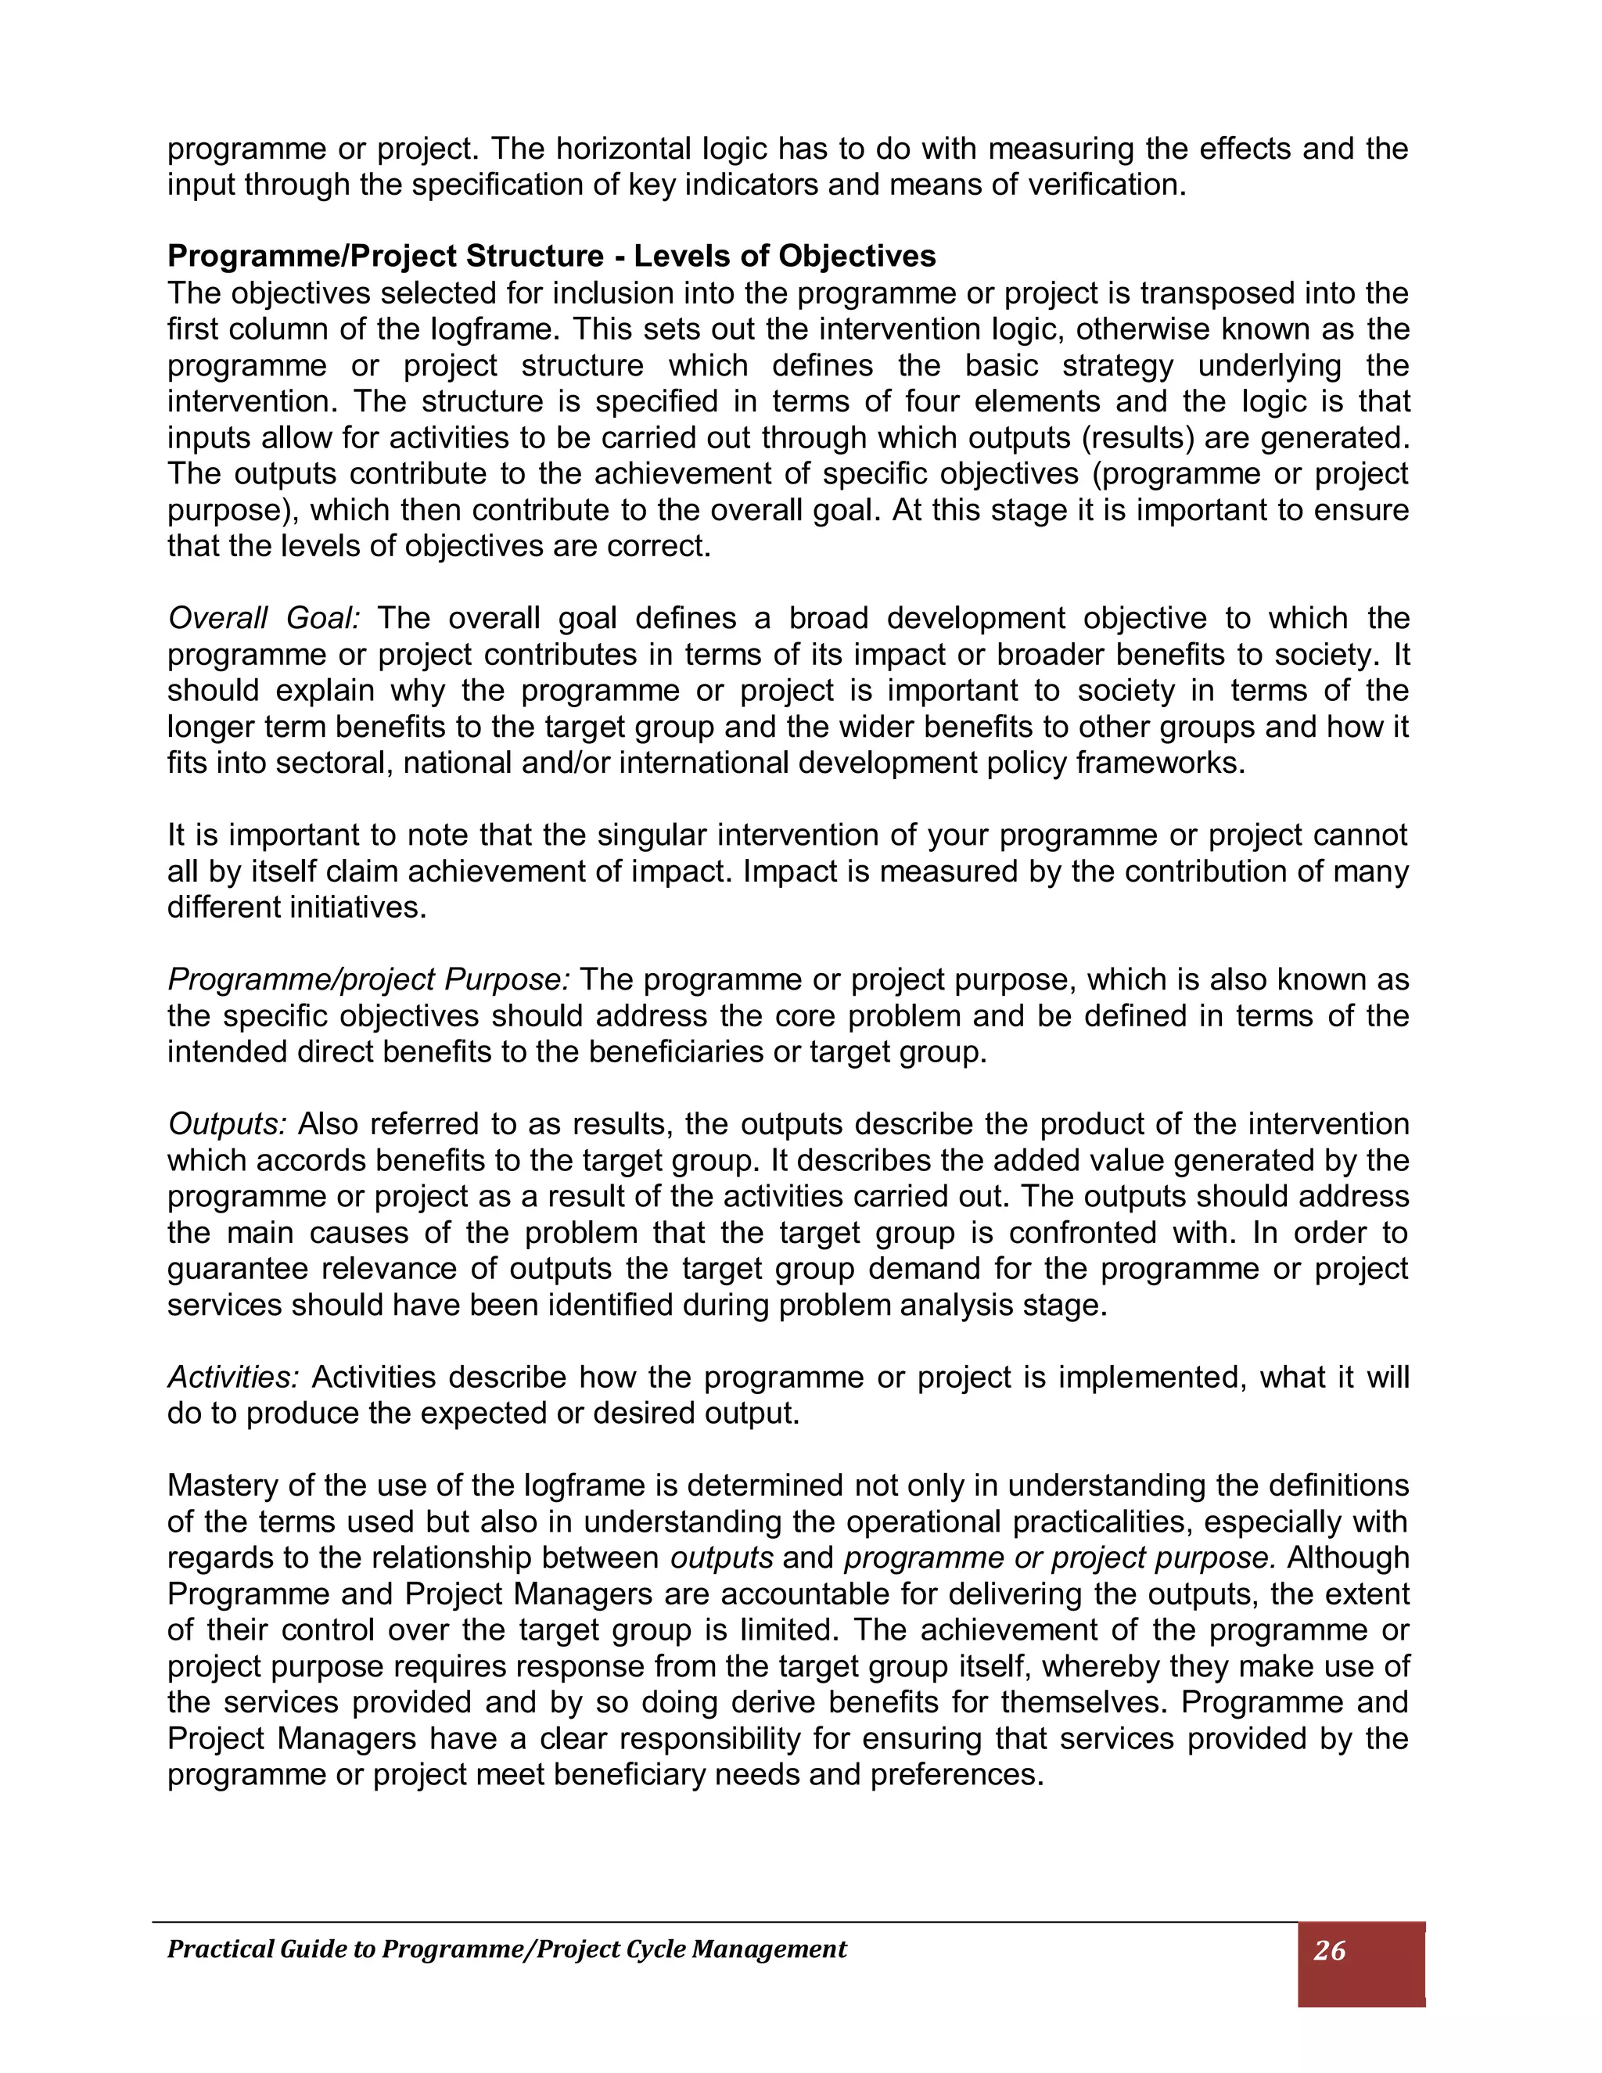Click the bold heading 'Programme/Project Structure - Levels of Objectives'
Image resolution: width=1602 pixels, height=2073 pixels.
[551, 257]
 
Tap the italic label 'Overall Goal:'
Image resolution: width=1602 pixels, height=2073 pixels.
[264, 619]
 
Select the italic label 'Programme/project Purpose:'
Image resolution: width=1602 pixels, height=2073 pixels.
[368, 979]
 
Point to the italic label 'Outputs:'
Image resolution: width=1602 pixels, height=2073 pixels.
[227, 1124]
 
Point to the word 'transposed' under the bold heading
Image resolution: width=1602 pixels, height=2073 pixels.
[1218, 293]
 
